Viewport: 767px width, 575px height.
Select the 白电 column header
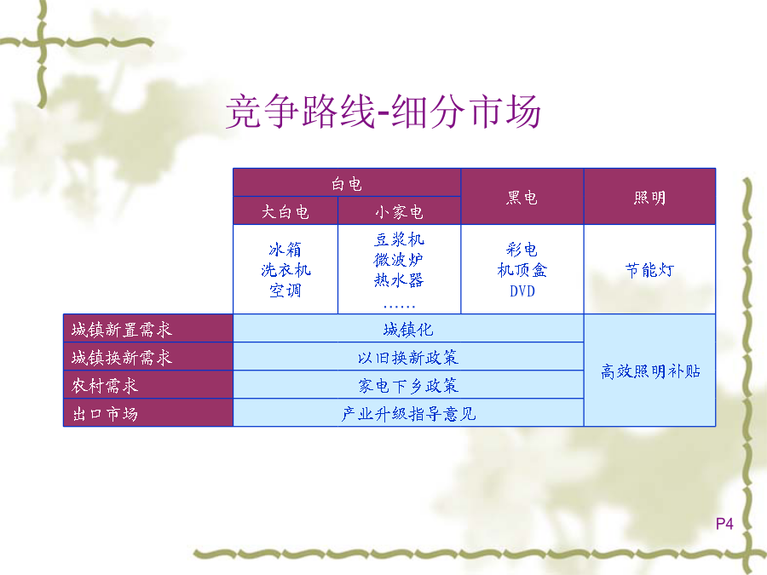347,184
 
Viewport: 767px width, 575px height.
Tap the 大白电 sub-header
285,212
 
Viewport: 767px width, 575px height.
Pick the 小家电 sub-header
399,212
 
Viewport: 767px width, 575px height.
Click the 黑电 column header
522,198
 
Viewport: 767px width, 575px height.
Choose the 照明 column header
649,198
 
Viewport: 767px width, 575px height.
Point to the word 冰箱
285,250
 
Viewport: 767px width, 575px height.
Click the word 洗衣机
285,270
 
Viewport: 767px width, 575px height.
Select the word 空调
285,290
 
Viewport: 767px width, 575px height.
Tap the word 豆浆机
399,239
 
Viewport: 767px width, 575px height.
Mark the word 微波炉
399,260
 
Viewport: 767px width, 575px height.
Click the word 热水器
399,280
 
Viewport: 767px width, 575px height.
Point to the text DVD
522,291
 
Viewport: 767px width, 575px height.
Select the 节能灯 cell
649,270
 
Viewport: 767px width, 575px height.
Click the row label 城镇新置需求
122,330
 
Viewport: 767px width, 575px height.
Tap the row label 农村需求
105,386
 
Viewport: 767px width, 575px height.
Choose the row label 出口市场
105,414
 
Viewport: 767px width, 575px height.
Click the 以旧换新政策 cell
408,358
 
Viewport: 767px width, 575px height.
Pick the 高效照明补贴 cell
650,371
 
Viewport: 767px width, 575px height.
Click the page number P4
724,524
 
